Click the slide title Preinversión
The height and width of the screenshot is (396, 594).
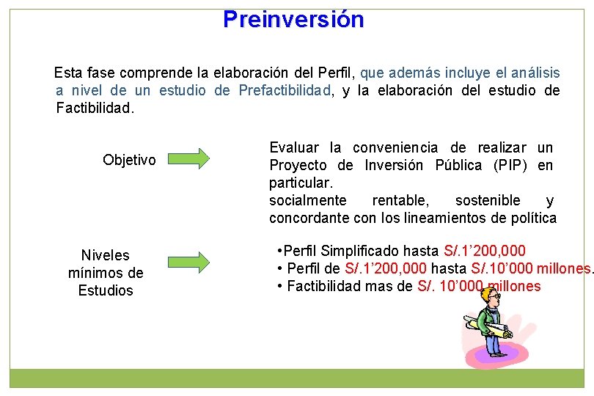[293, 19]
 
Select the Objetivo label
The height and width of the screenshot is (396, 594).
[129, 160]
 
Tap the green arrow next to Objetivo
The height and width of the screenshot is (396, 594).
[188, 158]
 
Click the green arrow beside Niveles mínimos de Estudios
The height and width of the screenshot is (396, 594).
[188, 260]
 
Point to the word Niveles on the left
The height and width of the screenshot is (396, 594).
[105, 255]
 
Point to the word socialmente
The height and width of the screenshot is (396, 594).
[307, 200]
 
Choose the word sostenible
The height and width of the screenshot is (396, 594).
[488, 200]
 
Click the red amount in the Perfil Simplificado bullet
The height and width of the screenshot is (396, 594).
[485, 250]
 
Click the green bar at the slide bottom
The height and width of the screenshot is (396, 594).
[296, 378]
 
